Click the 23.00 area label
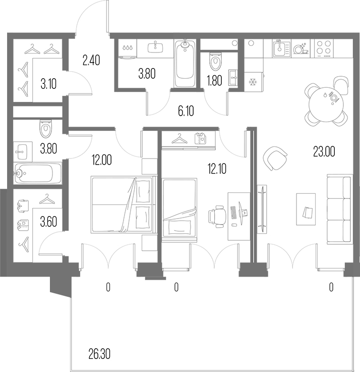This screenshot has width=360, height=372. coord(324,152)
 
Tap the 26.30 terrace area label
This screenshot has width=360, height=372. coord(99,354)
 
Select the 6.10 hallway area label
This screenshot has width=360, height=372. coord(186,111)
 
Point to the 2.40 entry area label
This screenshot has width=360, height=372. coord(91,60)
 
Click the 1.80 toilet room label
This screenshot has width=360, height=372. coord(214,81)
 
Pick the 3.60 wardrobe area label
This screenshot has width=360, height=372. coord(48,222)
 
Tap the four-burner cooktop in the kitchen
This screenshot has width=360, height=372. coord(324,48)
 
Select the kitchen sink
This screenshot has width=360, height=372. coord(281,48)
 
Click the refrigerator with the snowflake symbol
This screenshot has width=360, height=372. coord(254,82)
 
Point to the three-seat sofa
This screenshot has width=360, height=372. coord(339,209)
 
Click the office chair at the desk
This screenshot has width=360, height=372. coord(217,216)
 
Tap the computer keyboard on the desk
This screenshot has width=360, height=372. coord(233,212)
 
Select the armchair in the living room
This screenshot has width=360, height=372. coord(275,158)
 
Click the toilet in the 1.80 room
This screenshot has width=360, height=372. coord(216,61)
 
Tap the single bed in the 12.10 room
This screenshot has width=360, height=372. coord(179,210)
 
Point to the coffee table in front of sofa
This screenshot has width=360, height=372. coord(306,209)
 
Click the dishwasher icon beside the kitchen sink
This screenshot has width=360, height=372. coord(301,48)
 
